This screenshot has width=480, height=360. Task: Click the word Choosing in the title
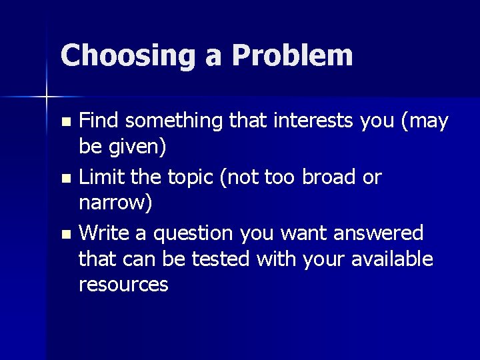[x=127, y=55]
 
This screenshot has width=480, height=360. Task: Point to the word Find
[x=99, y=121]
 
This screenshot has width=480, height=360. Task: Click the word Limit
[x=100, y=177]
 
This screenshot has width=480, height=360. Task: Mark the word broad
[x=323, y=177]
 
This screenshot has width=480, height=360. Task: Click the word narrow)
[x=115, y=203]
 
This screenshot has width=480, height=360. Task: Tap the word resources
[x=123, y=285]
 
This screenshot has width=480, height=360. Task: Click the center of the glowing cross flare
[x=47, y=97]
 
